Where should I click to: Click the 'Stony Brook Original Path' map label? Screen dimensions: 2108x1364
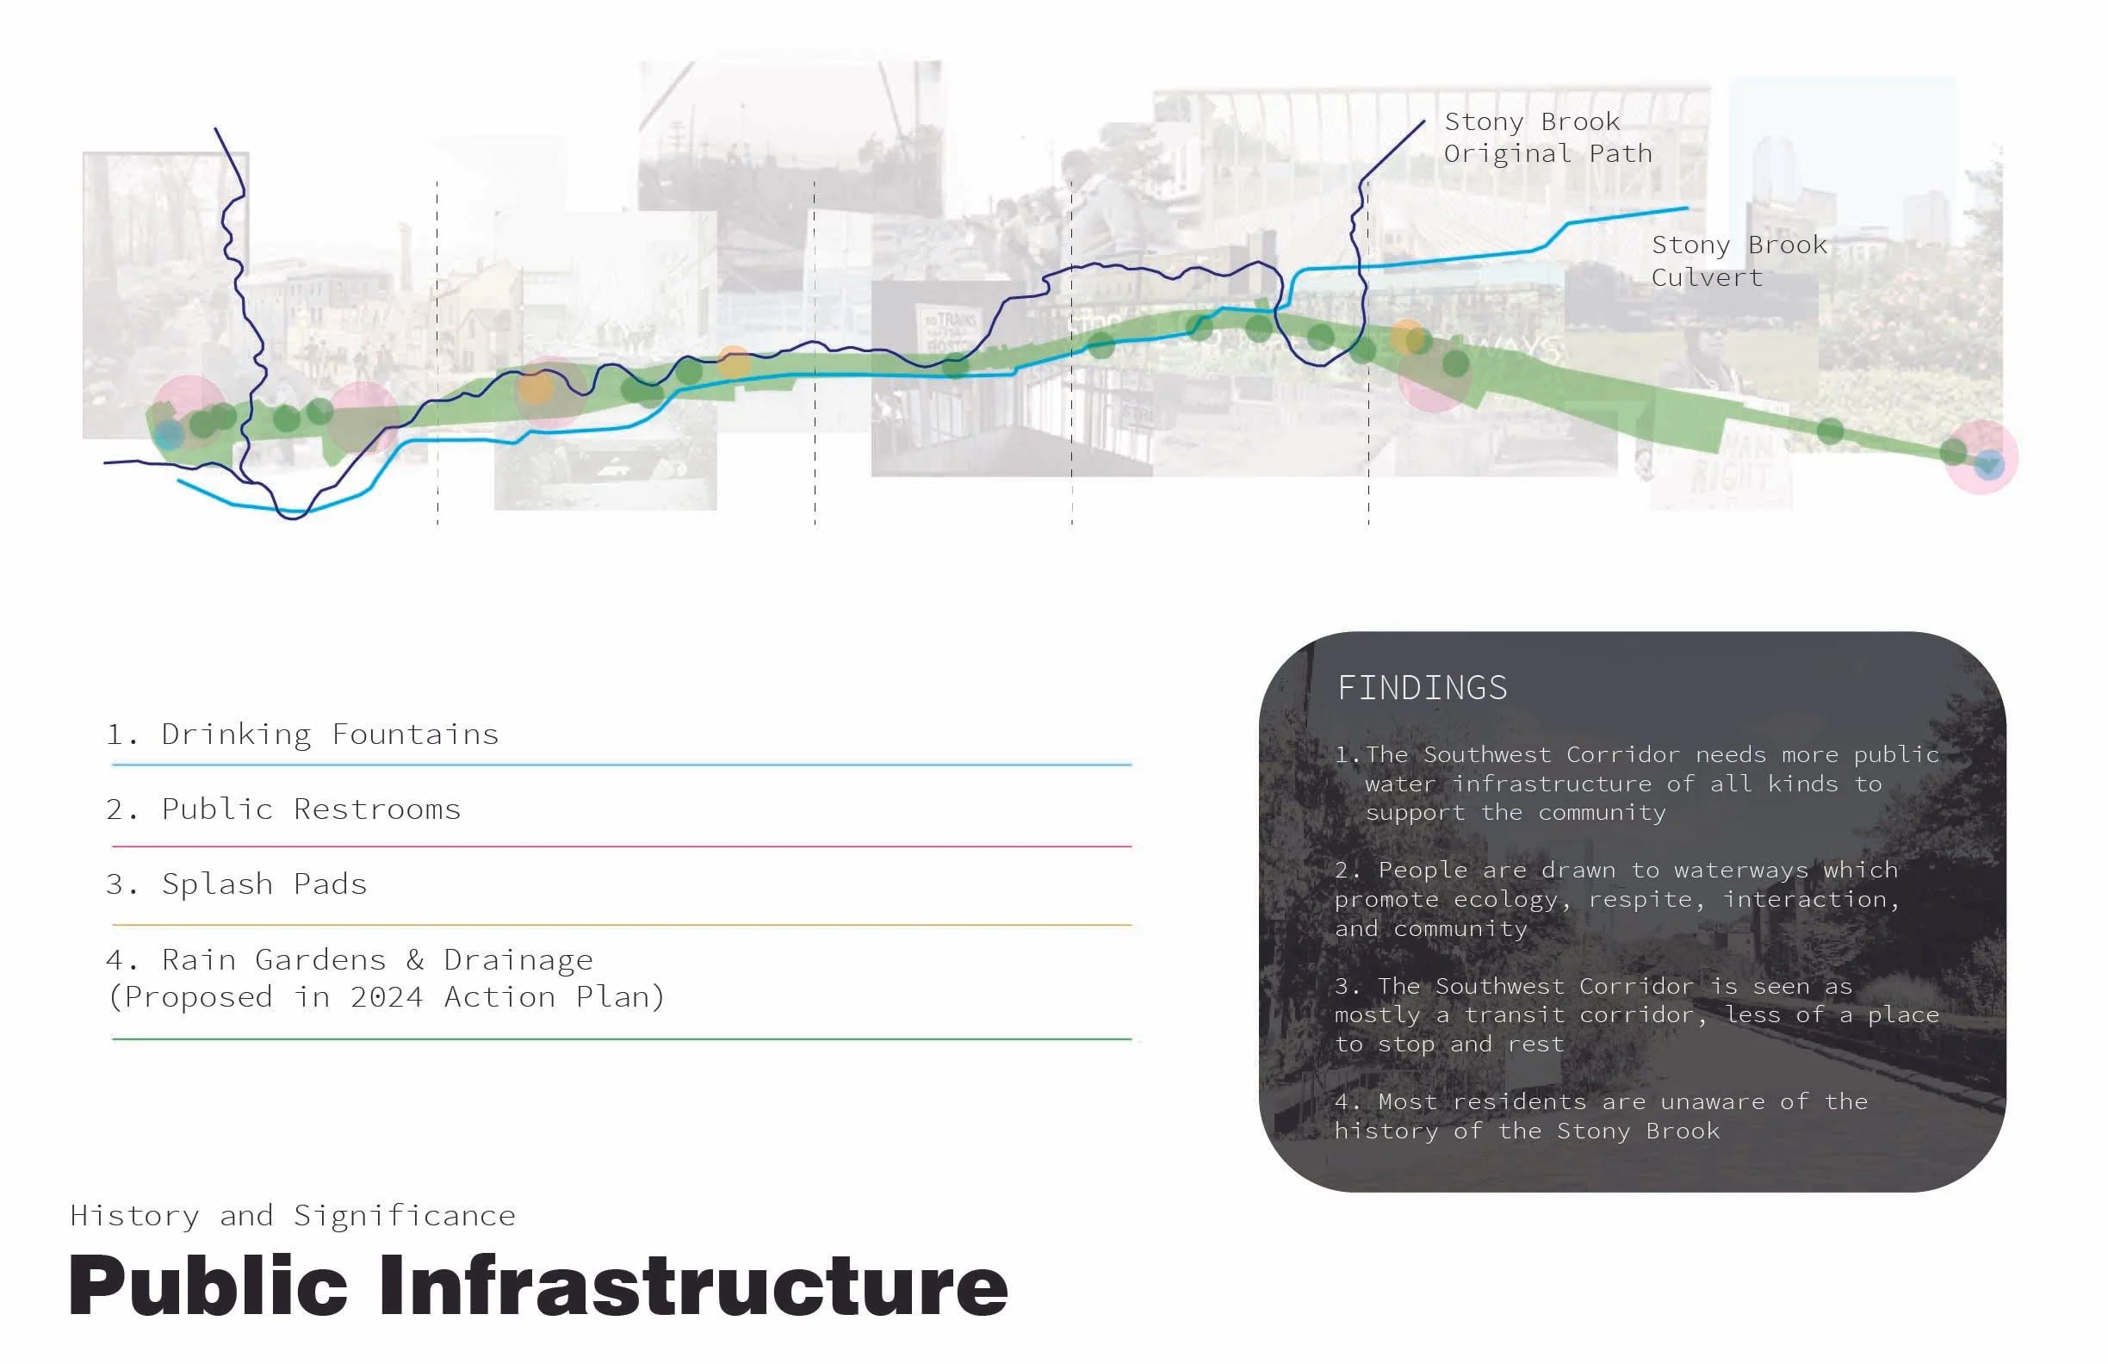click(1547, 137)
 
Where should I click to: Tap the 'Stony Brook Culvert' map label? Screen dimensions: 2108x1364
click(1739, 261)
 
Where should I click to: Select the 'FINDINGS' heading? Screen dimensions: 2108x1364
click(1422, 687)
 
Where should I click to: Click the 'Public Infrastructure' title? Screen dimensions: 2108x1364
click(537, 1286)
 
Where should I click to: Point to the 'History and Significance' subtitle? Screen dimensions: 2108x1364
click(292, 1215)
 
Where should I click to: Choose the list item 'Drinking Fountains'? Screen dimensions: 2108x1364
click(330, 735)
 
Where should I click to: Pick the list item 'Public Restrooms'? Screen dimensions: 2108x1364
click(311, 809)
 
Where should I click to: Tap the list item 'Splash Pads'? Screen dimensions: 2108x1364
click(264, 884)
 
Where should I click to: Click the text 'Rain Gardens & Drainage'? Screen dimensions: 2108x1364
click(377, 959)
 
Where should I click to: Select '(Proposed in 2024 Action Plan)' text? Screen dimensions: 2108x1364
click(385, 997)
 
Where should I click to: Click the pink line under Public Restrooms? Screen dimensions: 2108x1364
click(622, 846)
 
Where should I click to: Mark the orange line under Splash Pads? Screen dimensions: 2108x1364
click(622, 925)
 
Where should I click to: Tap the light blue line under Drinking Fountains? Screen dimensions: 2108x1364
click(622, 764)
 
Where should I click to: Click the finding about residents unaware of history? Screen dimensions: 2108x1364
click(1602, 1116)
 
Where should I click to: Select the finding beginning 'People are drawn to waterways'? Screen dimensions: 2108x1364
click(1617, 899)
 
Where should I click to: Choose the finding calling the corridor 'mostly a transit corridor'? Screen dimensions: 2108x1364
click(1637, 1015)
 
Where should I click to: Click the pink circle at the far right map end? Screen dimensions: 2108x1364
click(1981, 457)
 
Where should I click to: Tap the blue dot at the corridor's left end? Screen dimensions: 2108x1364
click(169, 434)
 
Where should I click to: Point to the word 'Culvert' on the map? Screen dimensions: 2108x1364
click(1707, 277)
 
